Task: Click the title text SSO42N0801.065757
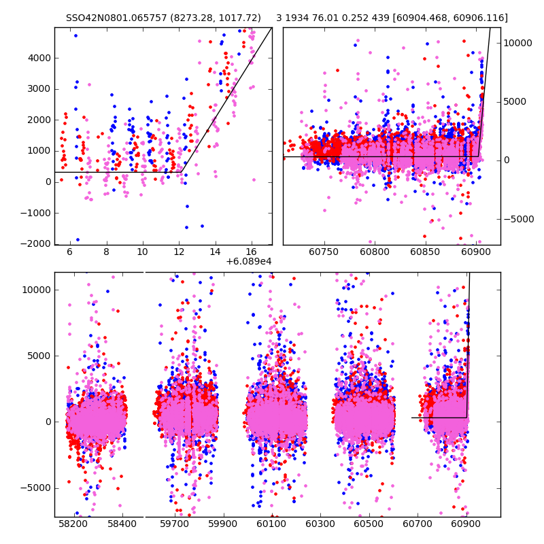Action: pyautogui.click(x=113, y=18)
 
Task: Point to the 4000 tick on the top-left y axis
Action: pyautogui.click(x=39, y=58)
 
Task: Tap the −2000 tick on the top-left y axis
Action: pyautogui.click(x=37, y=244)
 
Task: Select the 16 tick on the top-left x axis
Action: pyautogui.click(x=251, y=252)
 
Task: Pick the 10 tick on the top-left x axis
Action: pyautogui.click(x=142, y=252)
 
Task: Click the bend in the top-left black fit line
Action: pyautogui.click(x=182, y=172)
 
